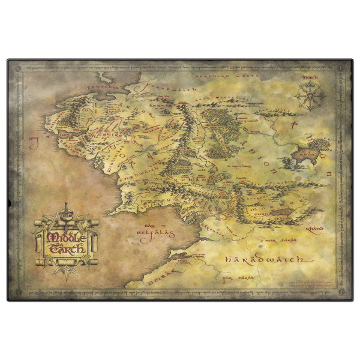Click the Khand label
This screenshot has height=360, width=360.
318,229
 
